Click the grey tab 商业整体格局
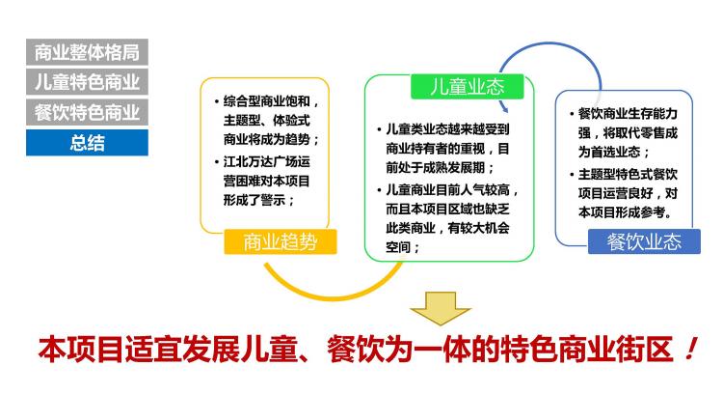87,52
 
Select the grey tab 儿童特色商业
87,82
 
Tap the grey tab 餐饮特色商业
87,112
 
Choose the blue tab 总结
87,142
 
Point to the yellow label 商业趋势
280,241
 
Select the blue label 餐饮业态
644,241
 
